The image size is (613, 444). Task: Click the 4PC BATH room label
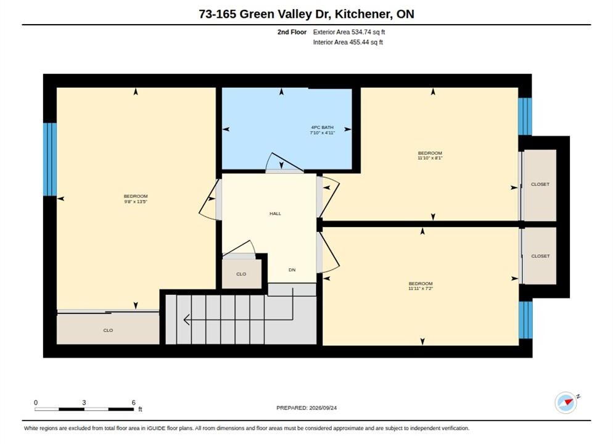pos(322,128)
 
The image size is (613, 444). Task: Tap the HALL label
pos(275,213)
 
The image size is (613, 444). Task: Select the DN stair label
pos(292,269)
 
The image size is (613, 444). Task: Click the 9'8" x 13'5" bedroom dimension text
pos(136,202)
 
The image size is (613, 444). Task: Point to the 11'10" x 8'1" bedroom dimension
pos(430,158)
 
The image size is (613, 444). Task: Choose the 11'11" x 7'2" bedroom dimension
pos(421,289)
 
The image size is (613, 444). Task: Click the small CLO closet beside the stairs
pos(242,274)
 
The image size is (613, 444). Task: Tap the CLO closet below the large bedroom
pos(108,329)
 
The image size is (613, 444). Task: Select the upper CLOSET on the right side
pos(540,185)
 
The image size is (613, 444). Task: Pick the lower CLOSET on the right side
pos(540,256)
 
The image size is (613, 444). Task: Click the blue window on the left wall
pos(50,159)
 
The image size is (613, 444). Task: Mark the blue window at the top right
pos(525,117)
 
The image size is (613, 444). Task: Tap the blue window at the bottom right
pos(525,319)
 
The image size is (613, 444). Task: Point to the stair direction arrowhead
pos(187,319)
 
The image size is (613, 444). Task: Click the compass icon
pos(566,403)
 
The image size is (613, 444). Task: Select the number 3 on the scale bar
pos(84,403)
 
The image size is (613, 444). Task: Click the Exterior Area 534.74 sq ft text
pos(348,32)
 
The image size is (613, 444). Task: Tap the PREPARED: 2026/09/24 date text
pos(306,408)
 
